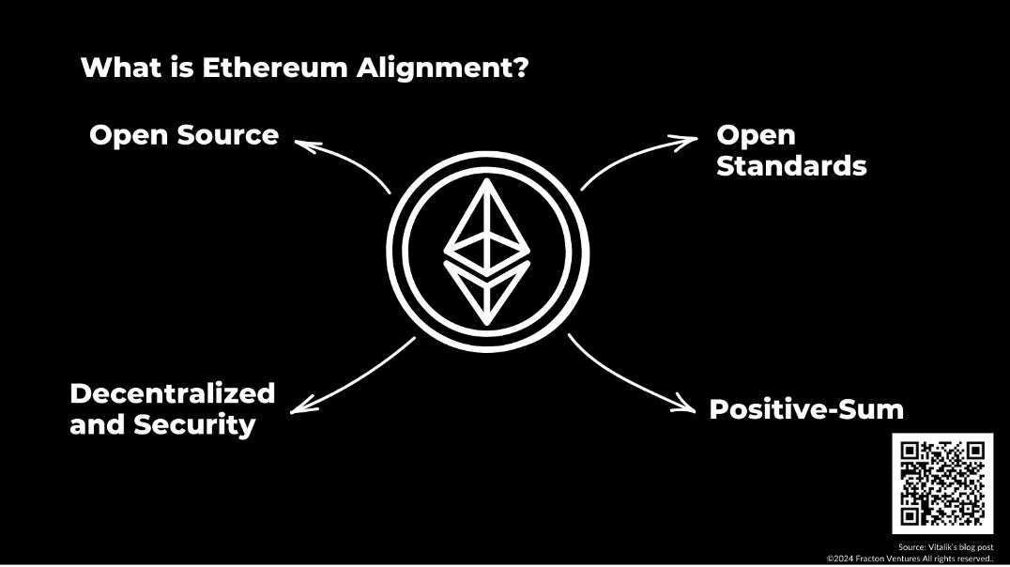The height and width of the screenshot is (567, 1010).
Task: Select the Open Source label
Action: tap(184, 135)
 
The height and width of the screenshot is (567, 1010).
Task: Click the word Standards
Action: tap(791, 166)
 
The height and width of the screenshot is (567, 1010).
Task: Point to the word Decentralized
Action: tap(173, 392)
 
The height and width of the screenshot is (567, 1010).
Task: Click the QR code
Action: tap(941, 483)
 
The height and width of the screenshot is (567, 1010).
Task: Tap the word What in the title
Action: tap(109, 68)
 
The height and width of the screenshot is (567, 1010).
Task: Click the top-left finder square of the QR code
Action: tap(910, 451)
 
